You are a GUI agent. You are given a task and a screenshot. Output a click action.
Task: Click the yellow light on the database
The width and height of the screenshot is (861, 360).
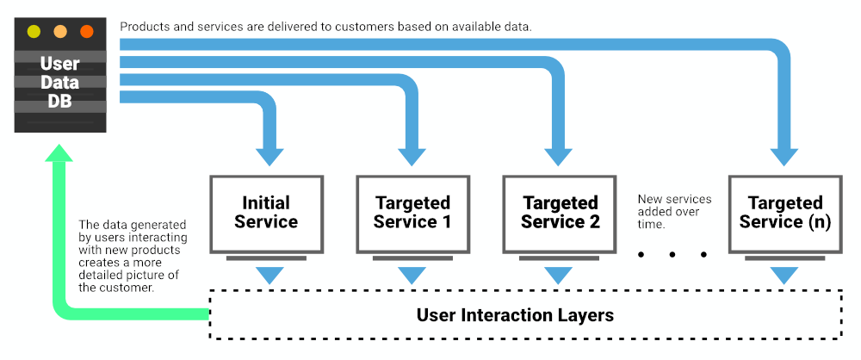pos(34,31)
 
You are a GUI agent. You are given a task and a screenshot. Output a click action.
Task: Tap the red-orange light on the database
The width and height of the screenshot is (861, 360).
pos(87,31)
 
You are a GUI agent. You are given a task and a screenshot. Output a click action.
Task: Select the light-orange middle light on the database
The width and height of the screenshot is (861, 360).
pos(60,31)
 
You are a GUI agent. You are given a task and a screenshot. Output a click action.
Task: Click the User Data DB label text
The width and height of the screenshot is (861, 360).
pos(60,83)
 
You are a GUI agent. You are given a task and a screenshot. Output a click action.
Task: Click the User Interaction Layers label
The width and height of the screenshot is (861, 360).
pos(515,315)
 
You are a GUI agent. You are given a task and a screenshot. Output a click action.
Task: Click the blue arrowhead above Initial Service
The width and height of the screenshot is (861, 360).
pos(269,157)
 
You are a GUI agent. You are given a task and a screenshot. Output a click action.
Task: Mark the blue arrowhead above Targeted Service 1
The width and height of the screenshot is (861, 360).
pos(412,157)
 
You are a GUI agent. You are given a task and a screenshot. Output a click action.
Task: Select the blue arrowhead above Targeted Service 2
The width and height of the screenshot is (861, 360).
pos(559,157)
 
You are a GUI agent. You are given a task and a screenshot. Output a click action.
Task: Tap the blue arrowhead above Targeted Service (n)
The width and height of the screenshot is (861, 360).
pos(784,157)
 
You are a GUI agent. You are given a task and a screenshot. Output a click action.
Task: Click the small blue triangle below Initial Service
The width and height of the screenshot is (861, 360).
pos(269,275)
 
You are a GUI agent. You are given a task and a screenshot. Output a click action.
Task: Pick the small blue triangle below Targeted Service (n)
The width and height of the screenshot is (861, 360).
pos(784,275)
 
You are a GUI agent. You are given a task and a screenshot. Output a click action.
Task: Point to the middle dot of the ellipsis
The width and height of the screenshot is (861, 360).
pos(672,254)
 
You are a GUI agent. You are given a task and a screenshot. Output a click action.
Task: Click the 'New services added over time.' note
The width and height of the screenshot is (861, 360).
pos(674,212)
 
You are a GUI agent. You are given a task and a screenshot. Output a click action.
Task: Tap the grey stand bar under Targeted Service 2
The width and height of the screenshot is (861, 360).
pos(560,258)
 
